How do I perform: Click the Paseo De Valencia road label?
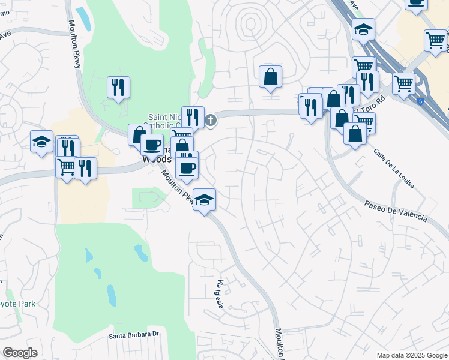pyautogui.click(x=396, y=210)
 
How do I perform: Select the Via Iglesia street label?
pyautogui.click(x=220, y=295)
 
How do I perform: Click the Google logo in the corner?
pyautogui.click(x=20, y=353)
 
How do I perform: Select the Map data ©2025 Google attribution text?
pyautogui.click(x=412, y=355)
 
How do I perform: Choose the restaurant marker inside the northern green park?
pyautogui.click(x=118, y=87)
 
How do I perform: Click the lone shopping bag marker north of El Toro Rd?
pyautogui.click(x=270, y=77)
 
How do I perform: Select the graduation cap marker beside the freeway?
pyautogui.click(x=363, y=29)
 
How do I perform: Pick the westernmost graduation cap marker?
pyautogui.click(x=41, y=142)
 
